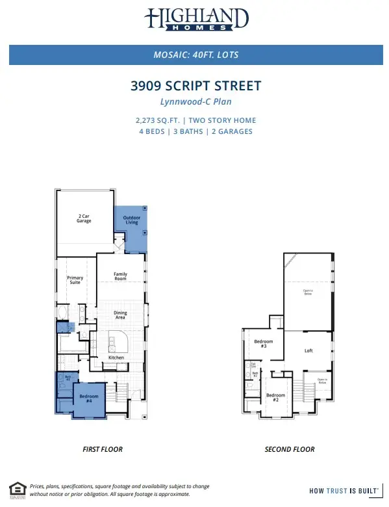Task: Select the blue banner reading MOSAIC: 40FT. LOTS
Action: coord(195,55)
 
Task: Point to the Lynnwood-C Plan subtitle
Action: coord(195,102)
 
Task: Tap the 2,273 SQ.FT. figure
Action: coord(159,120)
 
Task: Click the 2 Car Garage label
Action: coord(84,218)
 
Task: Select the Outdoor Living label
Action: coord(132,220)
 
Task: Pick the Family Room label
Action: coord(121,276)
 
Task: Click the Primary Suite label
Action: coord(75,280)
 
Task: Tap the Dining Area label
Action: coord(121,315)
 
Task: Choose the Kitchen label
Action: coord(116,357)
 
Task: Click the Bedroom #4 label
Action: coord(88,398)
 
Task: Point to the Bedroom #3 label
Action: coord(263,343)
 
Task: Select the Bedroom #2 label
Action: coord(275,396)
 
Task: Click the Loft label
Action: coord(308,350)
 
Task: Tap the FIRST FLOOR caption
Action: coord(103,449)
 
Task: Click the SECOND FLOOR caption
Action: coord(290,449)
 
